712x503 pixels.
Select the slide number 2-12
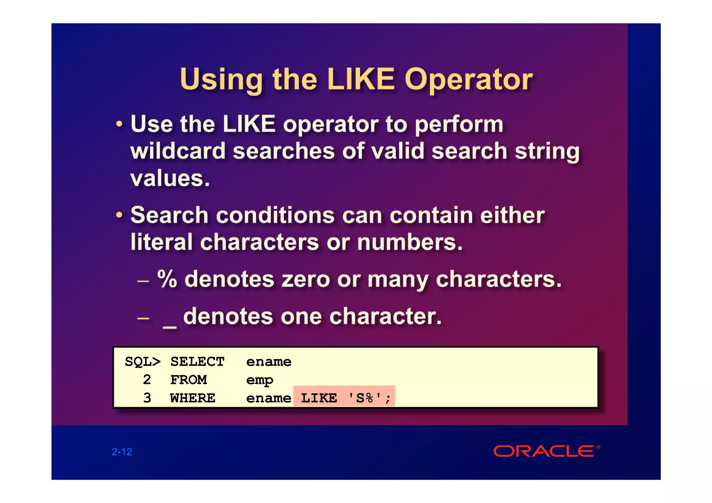(122, 452)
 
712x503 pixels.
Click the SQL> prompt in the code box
(143, 362)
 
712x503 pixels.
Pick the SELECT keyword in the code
(197, 362)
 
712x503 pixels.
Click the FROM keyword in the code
(188, 380)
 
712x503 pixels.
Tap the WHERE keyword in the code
(193, 398)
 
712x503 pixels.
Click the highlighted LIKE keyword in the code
(319, 398)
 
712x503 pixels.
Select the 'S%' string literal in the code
(365, 398)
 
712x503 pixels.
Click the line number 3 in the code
(147, 398)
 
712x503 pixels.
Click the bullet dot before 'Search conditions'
(119, 215)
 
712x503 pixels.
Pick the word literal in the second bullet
(161, 242)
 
